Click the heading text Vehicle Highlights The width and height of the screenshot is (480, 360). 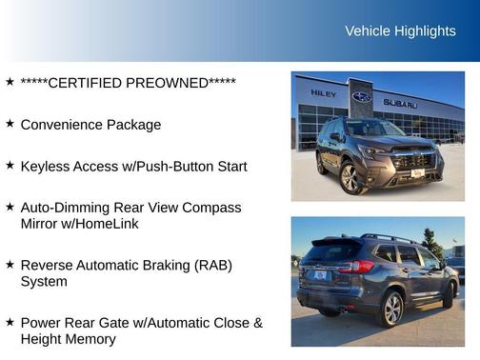coord(400,31)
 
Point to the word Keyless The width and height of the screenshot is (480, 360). coord(45,166)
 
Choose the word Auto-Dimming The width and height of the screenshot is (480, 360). coord(68,208)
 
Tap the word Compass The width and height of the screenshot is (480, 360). coord(211,208)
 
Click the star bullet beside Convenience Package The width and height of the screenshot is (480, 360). coord(10,124)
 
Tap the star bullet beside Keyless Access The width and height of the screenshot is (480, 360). coord(10,165)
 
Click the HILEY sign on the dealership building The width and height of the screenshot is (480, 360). coord(324,93)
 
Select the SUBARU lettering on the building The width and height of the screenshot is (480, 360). coord(400,103)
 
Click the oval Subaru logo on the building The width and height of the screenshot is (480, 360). coord(362,97)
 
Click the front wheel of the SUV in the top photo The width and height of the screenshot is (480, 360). coord(350,177)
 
